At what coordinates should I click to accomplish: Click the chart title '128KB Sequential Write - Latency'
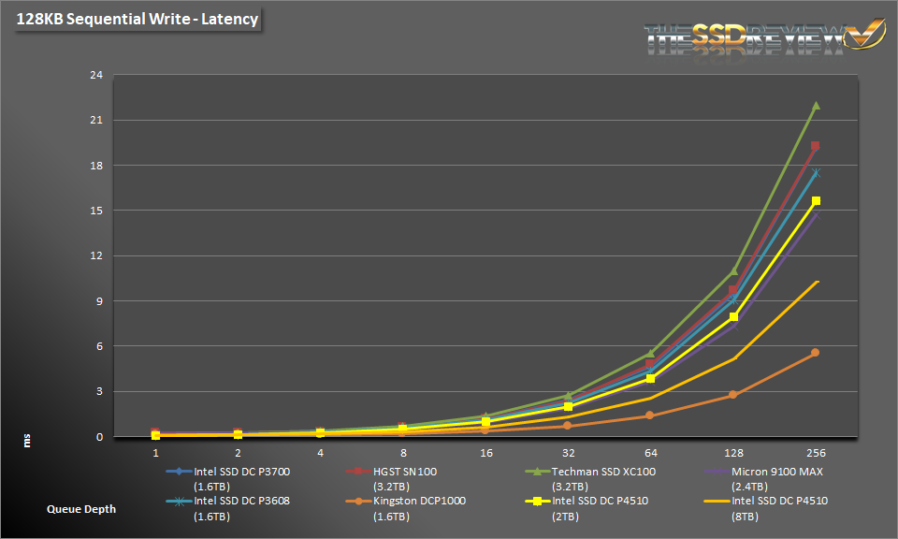tap(137, 18)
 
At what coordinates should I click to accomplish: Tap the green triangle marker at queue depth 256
tap(815, 106)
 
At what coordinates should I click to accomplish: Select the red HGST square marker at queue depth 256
tap(815, 146)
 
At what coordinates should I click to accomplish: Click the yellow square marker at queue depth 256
tap(815, 201)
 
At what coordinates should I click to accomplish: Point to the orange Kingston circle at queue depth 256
tap(815, 353)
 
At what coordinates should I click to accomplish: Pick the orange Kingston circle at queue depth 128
tap(732, 395)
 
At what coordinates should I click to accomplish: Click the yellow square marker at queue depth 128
tap(732, 317)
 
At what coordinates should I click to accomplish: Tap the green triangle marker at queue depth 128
tap(732, 271)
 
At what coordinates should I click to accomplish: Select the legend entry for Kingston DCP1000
tap(406, 501)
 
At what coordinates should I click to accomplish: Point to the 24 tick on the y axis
tap(95, 76)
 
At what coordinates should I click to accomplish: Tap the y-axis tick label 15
tap(95, 211)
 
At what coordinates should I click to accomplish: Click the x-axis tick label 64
tap(650, 452)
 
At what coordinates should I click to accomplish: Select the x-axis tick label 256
tap(815, 452)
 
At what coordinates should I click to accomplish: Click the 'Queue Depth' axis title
tap(81, 509)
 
